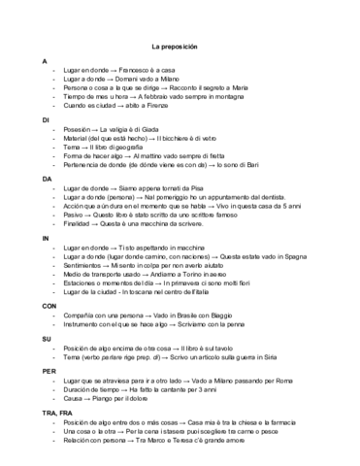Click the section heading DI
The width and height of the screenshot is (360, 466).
tap(45, 119)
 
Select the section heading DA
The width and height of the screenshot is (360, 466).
tap(46, 179)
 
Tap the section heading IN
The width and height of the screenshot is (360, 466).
tap(45, 238)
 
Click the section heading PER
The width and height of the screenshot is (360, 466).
tap(49, 371)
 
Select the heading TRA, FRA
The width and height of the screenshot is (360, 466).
tap(57, 413)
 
